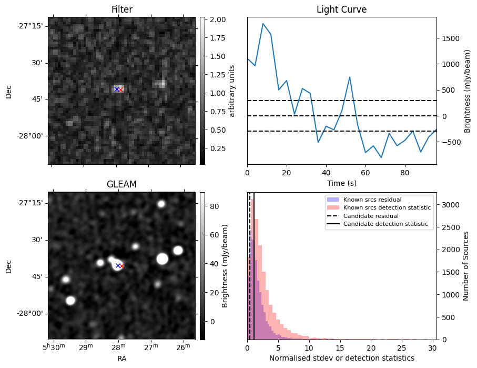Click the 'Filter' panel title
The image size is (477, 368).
click(121, 9)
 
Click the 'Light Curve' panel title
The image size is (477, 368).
click(341, 9)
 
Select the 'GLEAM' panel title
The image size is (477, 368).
click(121, 184)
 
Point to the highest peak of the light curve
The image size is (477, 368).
click(263, 24)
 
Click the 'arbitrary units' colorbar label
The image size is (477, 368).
click(231, 91)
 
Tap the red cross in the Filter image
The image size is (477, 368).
click(120, 89)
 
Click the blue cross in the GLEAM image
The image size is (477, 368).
click(118, 265)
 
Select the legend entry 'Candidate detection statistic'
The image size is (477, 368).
click(385, 225)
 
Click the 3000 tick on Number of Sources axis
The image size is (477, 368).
click(450, 205)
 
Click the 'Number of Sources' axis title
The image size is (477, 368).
click(465, 266)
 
